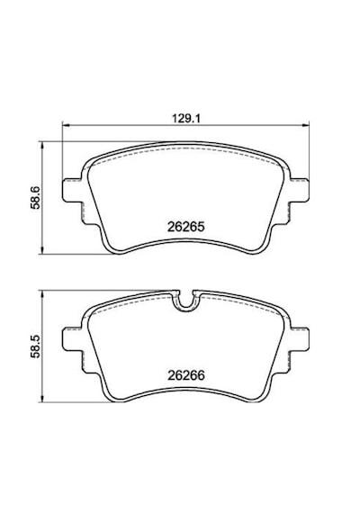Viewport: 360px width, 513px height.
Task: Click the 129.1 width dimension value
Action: tap(186, 118)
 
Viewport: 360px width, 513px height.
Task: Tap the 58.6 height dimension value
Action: tap(35, 198)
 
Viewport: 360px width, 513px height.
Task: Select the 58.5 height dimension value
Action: tap(35, 346)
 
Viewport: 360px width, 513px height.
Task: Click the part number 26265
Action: tap(186, 227)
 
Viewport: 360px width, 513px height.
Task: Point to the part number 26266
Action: tap(186, 375)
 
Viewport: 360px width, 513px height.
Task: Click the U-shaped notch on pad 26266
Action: tap(186, 303)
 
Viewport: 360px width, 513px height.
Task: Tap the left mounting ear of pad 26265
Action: tap(71, 190)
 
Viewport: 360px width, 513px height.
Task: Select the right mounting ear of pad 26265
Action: tap(300, 190)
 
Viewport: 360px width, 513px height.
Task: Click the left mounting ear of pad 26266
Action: tap(71, 338)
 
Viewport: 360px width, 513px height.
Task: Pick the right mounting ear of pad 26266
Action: tap(300, 338)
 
